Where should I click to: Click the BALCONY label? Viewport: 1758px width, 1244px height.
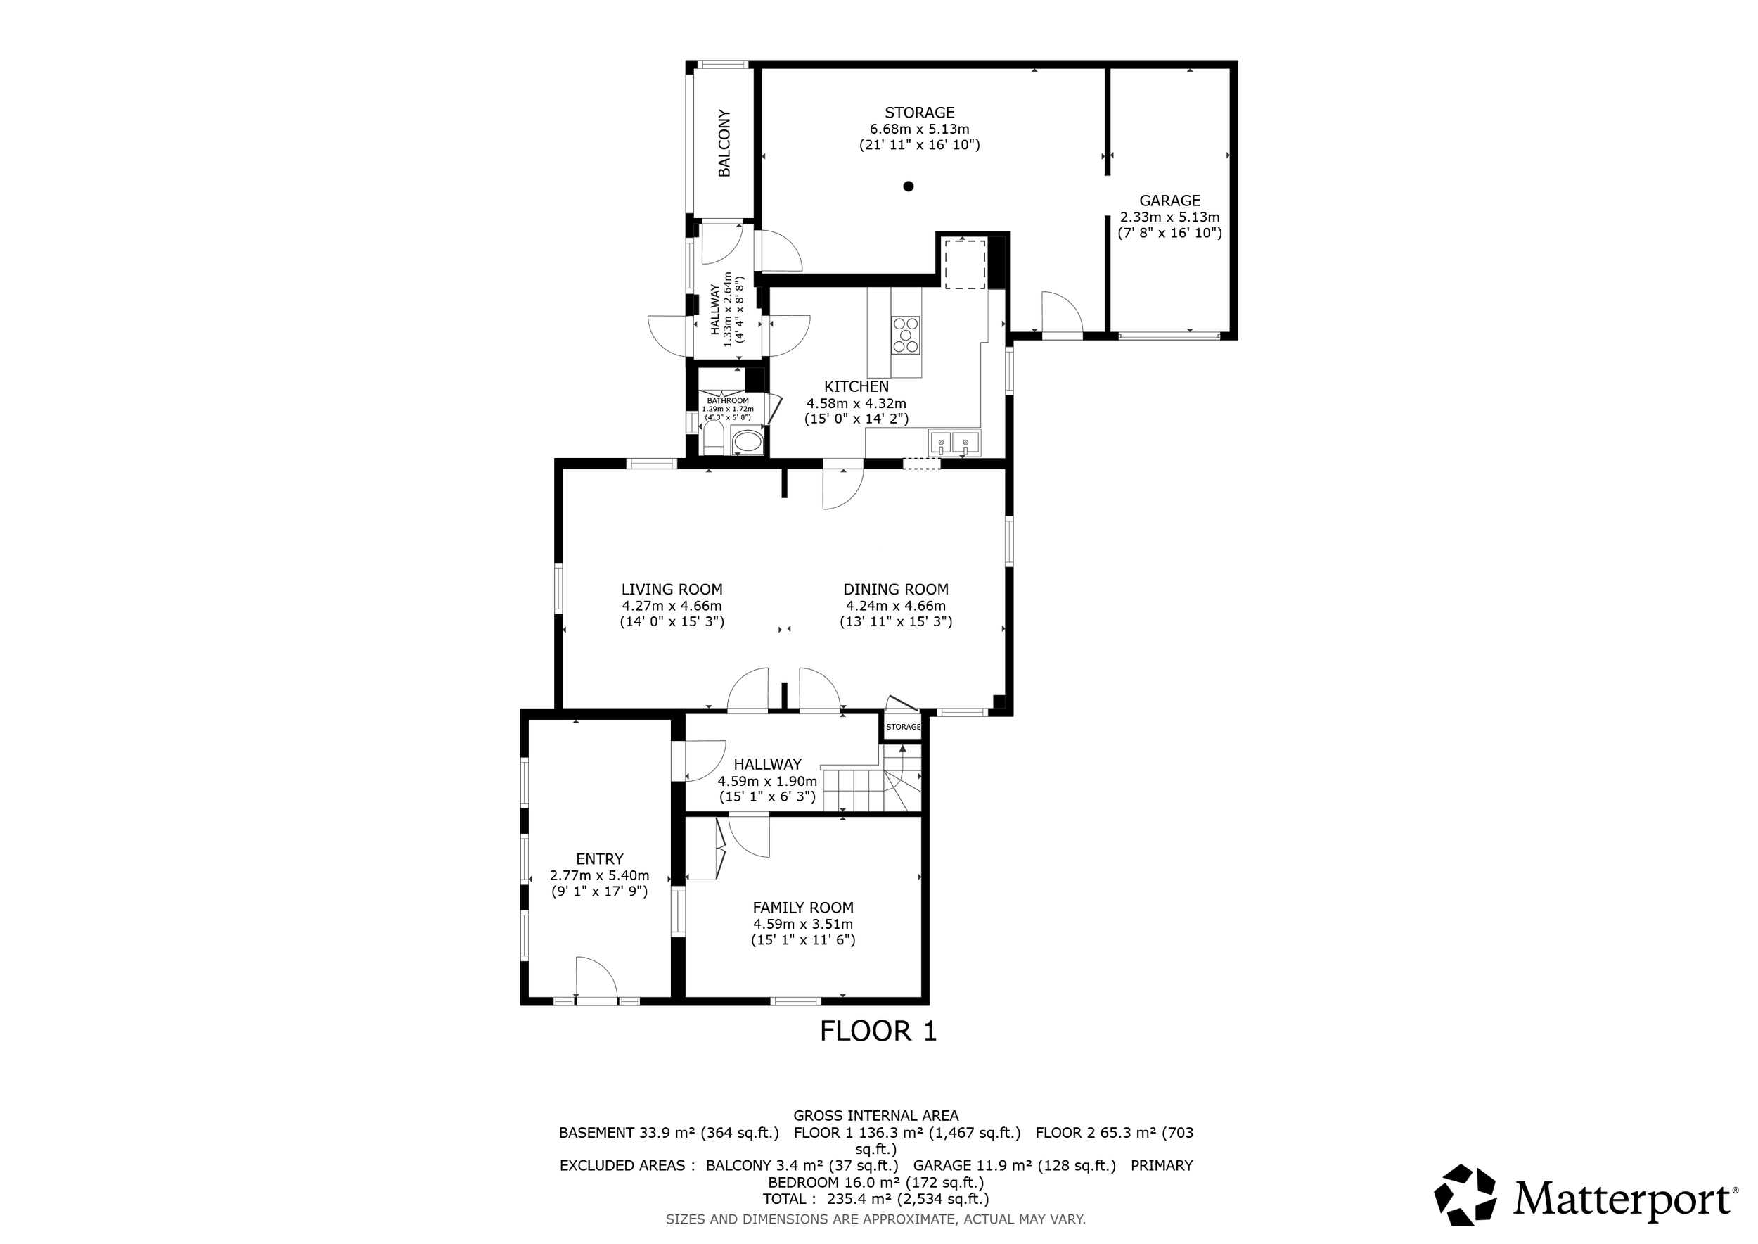click(724, 144)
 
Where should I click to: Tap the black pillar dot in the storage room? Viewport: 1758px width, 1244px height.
click(908, 186)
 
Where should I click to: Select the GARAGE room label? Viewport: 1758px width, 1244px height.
click(1169, 201)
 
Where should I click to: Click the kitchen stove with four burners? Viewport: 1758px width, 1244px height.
click(906, 336)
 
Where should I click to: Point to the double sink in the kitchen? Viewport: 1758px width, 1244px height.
click(954, 443)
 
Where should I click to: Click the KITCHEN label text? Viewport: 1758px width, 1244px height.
click(856, 387)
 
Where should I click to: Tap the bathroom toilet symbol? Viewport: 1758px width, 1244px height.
click(714, 438)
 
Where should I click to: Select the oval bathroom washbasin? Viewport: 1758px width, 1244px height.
click(748, 441)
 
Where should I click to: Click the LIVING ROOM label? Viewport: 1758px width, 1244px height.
click(672, 589)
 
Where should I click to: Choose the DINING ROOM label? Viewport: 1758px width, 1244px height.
click(896, 589)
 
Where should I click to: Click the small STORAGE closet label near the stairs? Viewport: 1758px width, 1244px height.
click(904, 727)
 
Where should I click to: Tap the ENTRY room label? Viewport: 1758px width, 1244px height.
click(600, 859)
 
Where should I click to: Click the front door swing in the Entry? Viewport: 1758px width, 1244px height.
click(596, 978)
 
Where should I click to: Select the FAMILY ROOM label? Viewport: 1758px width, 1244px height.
click(803, 908)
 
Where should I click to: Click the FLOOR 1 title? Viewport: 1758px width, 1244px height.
click(878, 1032)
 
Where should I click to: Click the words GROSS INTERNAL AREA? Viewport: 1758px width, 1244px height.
click(876, 1116)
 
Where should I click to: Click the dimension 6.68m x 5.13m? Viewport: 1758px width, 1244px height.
click(920, 129)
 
